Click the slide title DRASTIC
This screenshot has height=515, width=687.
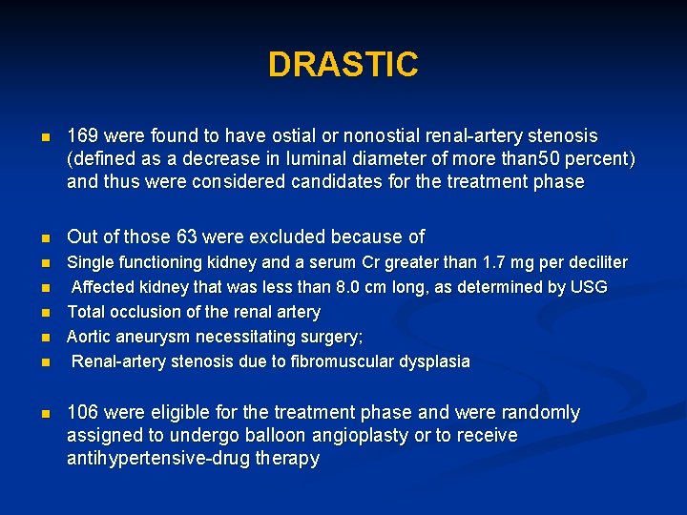click(343, 65)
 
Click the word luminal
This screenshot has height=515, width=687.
click(329, 158)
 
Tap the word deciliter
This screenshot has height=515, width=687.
click(593, 262)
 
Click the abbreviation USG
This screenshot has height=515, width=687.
click(587, 287)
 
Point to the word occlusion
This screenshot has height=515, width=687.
click(149, 312)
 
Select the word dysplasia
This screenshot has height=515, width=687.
click(435, 361)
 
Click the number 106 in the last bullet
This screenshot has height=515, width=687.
click(82, 413)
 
